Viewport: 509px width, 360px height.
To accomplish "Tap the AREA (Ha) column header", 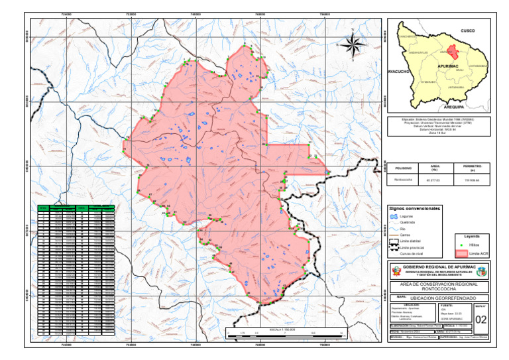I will tap(435, 168).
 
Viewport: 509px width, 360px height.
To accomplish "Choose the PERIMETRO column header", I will tap(473, 168).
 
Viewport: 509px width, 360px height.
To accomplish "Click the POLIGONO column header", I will tap(402, 168).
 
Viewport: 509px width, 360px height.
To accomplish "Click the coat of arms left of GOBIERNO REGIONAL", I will tap(395, 272).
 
